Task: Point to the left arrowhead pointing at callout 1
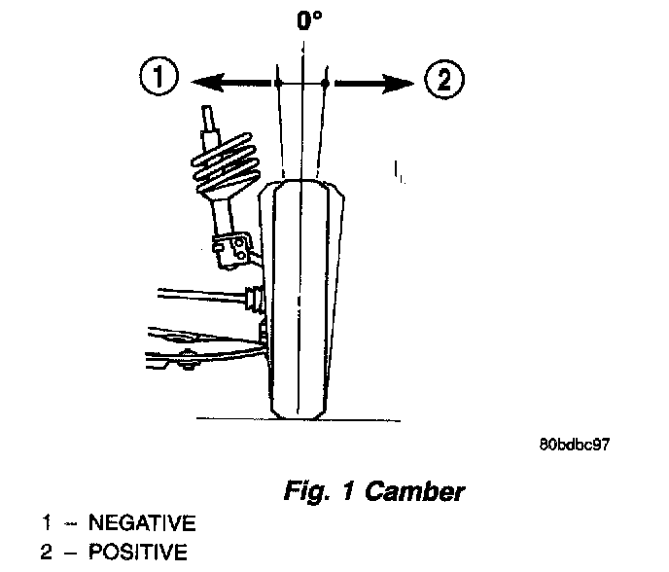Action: pyautogui.click(x=199, y=83)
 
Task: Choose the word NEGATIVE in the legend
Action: pyautogui.click(x=141, y=523)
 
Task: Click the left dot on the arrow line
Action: pyautogui.click(x=277, y=84)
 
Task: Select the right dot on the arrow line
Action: pyautogui.click(x=325, y=84)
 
